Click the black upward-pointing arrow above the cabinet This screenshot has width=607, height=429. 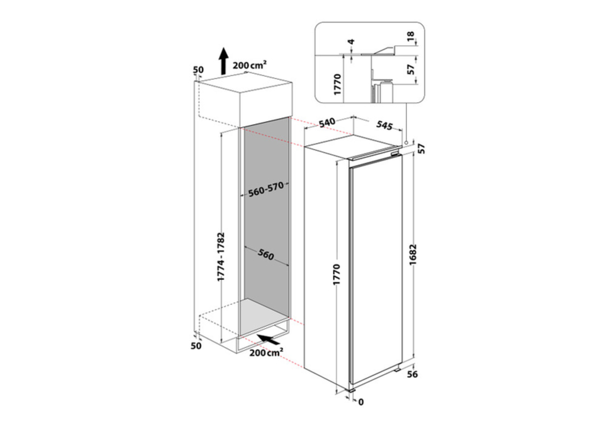[x=224, y=61]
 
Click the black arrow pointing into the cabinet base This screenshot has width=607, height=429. [x=268, y=340]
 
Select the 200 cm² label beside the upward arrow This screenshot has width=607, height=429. [x=249, y=65]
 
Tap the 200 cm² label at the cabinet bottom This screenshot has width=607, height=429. [x=266, y=353]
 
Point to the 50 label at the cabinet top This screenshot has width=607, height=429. [x=198, y=70]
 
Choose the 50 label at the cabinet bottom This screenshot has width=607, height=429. [x=196, y=346]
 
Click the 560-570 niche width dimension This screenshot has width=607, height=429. [x=266, y=189]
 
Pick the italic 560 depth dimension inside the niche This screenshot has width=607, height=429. [x=266, y=255]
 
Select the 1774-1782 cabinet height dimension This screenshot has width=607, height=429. [x=221, y=257]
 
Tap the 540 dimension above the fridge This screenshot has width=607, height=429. [x=327, y=123]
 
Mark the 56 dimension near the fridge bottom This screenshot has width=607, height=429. [x=412, y=374]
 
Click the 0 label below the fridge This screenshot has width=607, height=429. [x=361, y=402]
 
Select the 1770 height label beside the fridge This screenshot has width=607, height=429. [x=336, y=274]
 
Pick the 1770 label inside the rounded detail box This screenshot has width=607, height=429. [x=337, y=84]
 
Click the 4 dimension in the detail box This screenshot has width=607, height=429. [x=351, y=42]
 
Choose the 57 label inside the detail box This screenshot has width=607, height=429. [x=411, y=70]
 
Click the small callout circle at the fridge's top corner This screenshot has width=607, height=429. [x=406, y=142]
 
